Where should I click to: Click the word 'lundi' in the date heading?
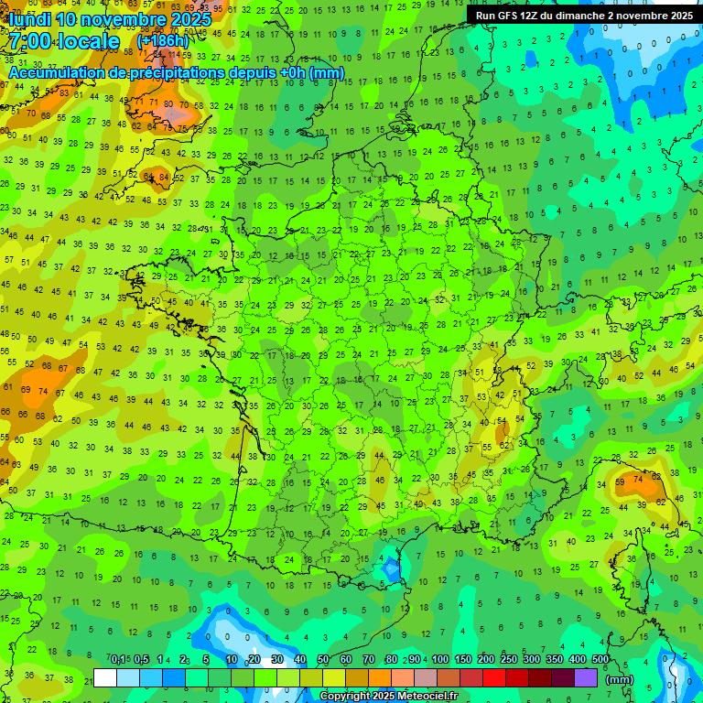coord(29,19)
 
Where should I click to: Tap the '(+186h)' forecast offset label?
coord(163,41)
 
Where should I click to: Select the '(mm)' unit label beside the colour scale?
coord(620,680)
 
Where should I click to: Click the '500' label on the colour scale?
coord(600,659)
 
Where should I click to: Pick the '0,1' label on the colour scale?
coord(118,659)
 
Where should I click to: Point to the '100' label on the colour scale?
coord(439,659)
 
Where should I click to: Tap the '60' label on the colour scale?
coord(346,659)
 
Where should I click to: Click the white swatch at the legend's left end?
coord(105,677)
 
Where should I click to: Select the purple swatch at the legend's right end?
coord(586,677)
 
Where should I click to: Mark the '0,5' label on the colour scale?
coord(141,659)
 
